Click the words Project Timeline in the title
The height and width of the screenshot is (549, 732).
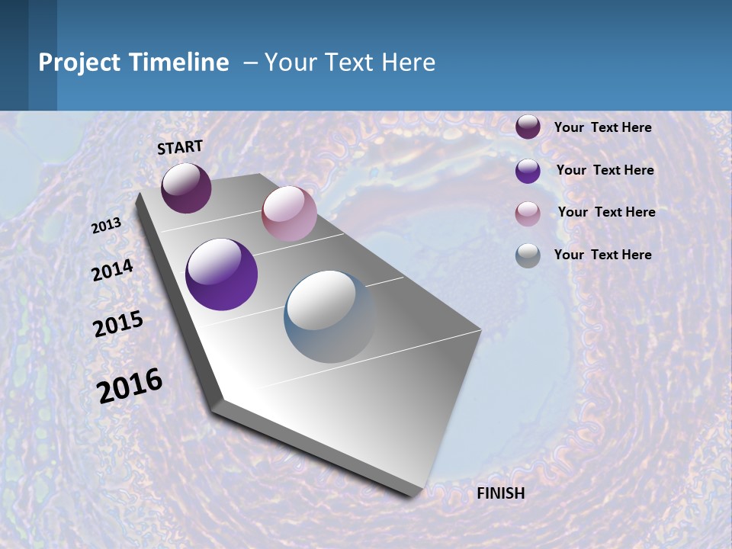pos(133,63)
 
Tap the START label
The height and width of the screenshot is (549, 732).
pos(180,147)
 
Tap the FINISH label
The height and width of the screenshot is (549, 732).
pos(501,493)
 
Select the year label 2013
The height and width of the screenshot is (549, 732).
pos(106,226)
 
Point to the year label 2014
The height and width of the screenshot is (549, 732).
pos(112,270)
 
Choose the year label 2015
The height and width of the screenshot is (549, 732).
pos(118,324)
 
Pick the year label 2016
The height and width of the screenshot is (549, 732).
pos(130,386)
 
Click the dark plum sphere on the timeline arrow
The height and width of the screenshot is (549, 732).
pos(186,188)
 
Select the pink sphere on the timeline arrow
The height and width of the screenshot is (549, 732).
pos(289,213)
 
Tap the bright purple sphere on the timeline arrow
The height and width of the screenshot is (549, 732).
pos(221,274)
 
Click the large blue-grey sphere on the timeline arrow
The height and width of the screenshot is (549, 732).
pos(329,316)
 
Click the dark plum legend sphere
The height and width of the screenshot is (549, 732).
pos(528,127)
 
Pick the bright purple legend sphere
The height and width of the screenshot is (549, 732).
pos(528,171)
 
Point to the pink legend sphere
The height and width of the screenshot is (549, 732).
pos(528,213)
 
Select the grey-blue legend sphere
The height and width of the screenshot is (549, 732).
pos(528,255)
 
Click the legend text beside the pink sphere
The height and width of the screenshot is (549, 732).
pos(606,212)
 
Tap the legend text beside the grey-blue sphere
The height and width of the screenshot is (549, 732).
pos(603,255)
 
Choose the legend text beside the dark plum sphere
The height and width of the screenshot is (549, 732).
pos(603,127)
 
